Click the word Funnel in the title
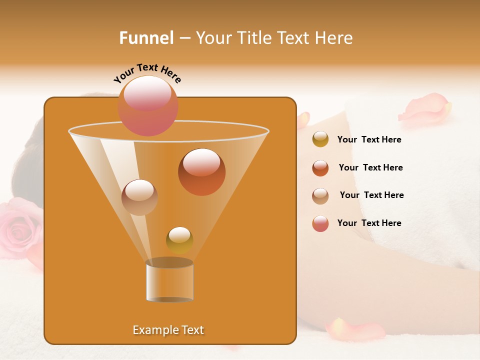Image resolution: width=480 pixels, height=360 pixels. click(146, 38)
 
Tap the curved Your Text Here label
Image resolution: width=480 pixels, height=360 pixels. click(147, 72)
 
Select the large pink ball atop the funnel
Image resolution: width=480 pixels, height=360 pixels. click(147, 105)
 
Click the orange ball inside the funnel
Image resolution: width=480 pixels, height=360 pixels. click(201, 172)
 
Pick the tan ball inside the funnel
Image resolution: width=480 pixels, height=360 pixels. click(139, 197)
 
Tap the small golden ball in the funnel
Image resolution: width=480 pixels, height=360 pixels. click(179, 240)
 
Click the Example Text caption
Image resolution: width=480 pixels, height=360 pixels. click(168, 330)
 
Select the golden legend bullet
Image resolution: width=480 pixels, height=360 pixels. click(320, 139)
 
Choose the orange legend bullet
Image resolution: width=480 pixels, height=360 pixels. click(320, 168)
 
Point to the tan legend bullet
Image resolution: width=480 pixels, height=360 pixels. click(320, 196)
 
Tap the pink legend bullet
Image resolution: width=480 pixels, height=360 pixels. click(320, 223)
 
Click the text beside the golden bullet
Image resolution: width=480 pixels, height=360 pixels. click(369, 140)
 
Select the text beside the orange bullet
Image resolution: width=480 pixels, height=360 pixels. click(370, 168)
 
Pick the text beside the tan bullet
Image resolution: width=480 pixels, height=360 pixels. click(371, 195)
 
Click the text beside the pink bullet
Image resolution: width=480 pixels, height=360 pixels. click(369, 223)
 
